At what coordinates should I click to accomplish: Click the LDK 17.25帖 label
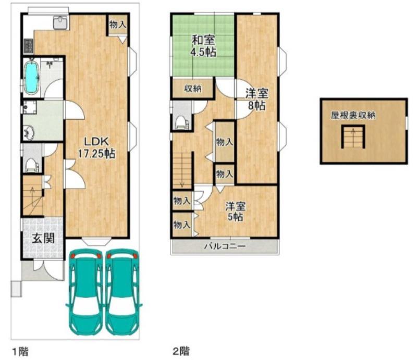tap(96, 147)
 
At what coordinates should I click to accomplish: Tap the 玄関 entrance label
tap(43, 239)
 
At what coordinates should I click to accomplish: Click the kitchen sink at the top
tap(61, 22)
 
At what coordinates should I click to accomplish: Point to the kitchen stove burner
tap(29, 46)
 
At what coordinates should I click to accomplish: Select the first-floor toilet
tap(31, 165)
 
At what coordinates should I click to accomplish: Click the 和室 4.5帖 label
tap(203, 46)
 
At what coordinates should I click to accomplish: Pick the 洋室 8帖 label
tap(256, 99)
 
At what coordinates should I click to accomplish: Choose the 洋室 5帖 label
tap(235, 212)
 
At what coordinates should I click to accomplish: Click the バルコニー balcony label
tap(225, 246)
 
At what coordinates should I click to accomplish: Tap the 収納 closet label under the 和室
tap(193, 89)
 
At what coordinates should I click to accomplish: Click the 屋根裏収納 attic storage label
tap(353, 115)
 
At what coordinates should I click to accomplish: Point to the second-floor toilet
tap(182, 122)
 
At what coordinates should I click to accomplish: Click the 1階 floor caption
tap(20, 351)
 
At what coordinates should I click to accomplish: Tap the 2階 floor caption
tap(181, 351)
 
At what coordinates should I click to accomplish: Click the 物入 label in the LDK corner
tap(118, 24)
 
